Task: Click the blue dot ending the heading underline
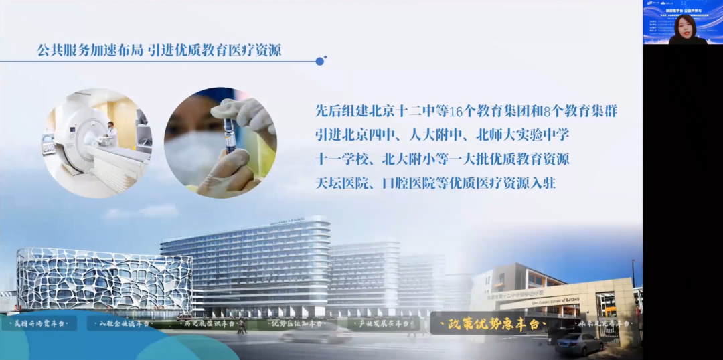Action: click(320, 61)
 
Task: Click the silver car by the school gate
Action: click(579, 343)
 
